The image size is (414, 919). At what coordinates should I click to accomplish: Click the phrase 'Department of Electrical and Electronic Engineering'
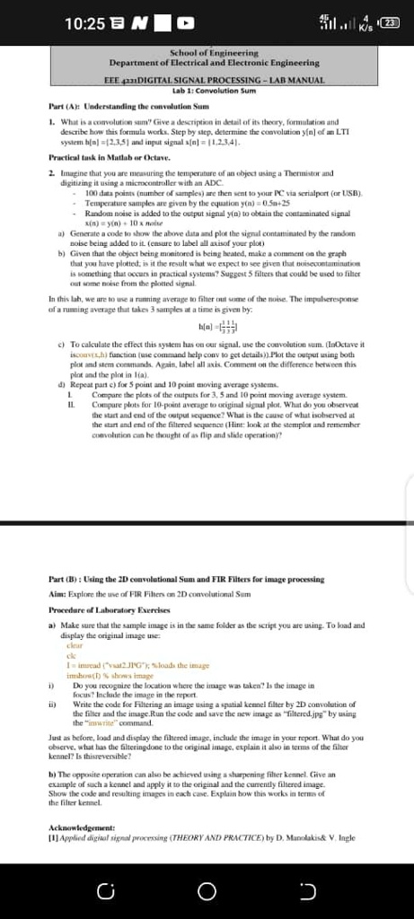(x=214, y=65)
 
